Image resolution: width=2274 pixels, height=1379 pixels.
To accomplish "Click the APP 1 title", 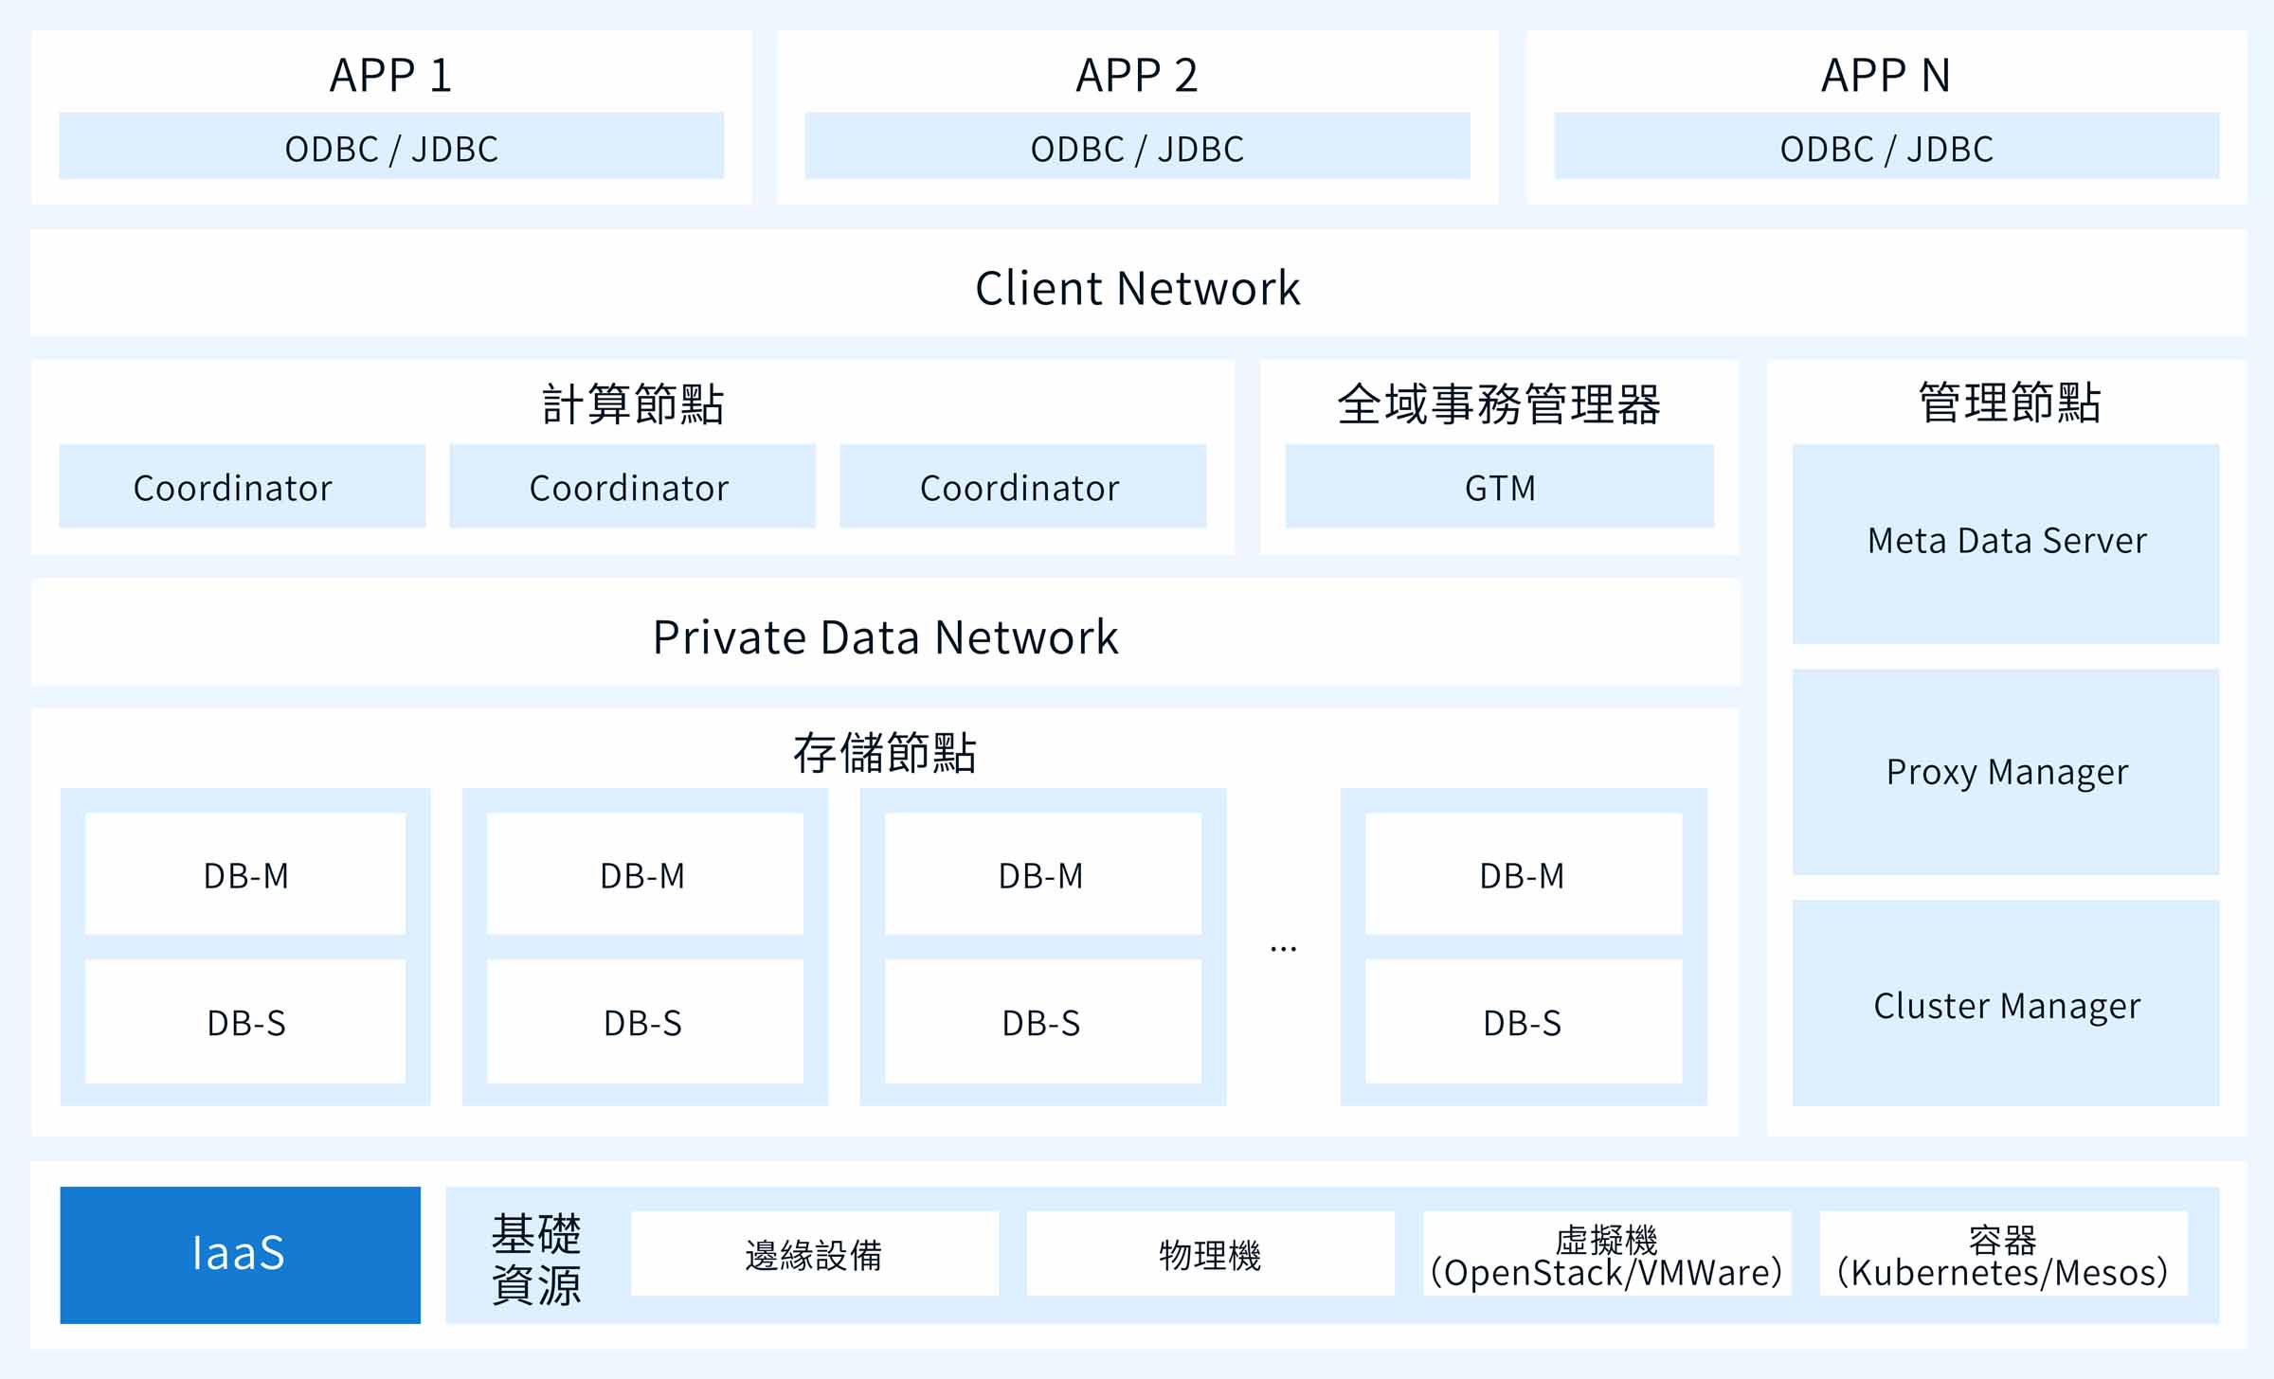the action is pos(391,75).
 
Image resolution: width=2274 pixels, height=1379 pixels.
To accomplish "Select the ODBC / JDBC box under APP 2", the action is pos(1137,146).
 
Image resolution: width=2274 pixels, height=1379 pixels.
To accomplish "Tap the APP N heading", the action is pos(1886,75).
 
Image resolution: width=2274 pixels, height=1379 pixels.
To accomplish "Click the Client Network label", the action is pos(1137,288).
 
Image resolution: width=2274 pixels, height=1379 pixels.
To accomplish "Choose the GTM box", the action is pos(1500,486).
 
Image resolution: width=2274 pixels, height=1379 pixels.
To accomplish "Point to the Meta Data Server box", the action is pos(2006,544).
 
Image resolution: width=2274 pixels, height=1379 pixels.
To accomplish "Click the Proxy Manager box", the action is pos(2006,772).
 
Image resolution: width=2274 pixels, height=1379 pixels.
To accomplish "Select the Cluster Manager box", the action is pos(2006,1003).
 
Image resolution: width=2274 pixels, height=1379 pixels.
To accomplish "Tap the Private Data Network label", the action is pos(886,637).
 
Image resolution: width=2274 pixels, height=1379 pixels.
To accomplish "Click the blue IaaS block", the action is pos(241,1255).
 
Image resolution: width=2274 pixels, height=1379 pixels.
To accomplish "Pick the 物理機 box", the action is pos(1211,1253).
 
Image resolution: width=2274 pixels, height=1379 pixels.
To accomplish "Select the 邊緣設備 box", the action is pos(815,1253).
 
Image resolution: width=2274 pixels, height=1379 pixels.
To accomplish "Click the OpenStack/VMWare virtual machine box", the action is pos(1607,1253).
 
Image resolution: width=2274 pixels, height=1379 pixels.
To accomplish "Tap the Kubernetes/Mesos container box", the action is pos(2003,1253).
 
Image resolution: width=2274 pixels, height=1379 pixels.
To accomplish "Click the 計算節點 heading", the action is pos(633,403).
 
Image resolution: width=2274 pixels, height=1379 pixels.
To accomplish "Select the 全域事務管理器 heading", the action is pos(1499,403).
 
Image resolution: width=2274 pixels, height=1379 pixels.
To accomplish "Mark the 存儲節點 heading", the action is pos(885,753).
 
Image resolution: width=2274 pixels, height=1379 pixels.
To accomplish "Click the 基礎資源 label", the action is pos(536,1259).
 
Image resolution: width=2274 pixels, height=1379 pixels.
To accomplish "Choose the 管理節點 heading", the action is pos(2010,402).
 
